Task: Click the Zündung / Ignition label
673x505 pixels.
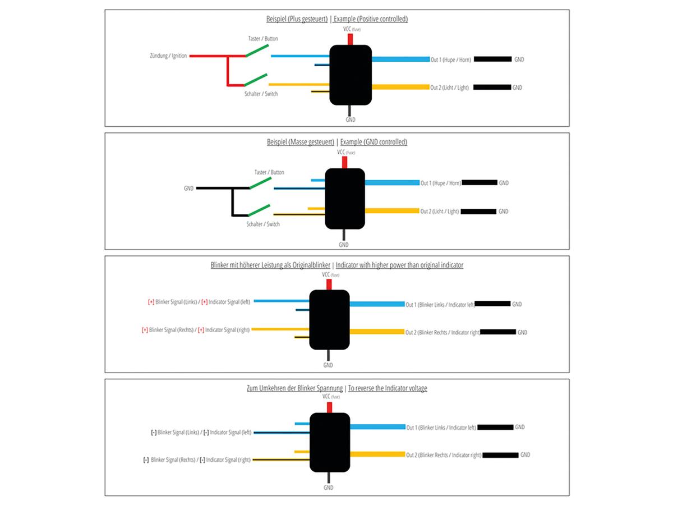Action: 168,56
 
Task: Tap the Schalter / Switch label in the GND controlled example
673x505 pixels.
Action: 262,224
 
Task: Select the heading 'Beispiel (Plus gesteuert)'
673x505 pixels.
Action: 297,19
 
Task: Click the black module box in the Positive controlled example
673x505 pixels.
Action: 351,75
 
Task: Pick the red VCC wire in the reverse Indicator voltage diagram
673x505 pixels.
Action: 329,407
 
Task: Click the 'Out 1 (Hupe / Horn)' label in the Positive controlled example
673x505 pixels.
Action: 450,59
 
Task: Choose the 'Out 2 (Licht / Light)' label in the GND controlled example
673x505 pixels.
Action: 440,212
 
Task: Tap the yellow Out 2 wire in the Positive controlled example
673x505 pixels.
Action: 400,87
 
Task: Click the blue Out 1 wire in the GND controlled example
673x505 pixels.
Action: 392,182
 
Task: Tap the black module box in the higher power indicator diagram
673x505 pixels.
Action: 329,319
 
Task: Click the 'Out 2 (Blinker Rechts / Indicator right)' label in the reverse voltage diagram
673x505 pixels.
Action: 444,455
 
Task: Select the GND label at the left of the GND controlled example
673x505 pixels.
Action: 188,189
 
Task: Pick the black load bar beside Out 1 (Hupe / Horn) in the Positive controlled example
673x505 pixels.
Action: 493,59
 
